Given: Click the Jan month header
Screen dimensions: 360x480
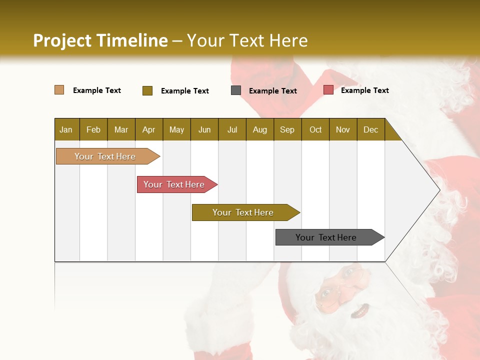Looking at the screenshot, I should tap(66, 129).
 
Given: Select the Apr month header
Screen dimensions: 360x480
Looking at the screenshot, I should tap(148, 129).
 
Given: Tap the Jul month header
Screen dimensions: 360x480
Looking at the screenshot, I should tap(232, 129).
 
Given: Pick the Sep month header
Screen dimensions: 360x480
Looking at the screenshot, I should tap(287, 129).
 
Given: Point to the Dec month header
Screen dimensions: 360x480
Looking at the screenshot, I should tap(370, 129).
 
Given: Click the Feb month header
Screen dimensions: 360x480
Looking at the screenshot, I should tap(93, 129).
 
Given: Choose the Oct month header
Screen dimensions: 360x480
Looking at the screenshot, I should tap(315, 129).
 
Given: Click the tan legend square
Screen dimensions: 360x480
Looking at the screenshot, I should tap(59, 90).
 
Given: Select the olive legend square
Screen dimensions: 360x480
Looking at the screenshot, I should tap(147, 90).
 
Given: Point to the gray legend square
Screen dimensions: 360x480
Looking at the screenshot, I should tap(236, 90).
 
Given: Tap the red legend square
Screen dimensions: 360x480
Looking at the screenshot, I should tap(328, 90).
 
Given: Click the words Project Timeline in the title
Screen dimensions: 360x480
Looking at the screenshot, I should tap(100, 40).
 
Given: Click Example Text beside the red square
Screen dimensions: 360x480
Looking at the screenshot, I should tap(364, 90).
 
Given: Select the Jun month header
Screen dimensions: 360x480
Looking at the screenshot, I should tap(204, 129).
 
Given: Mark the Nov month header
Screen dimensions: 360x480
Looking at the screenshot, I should tap(342, 129).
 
